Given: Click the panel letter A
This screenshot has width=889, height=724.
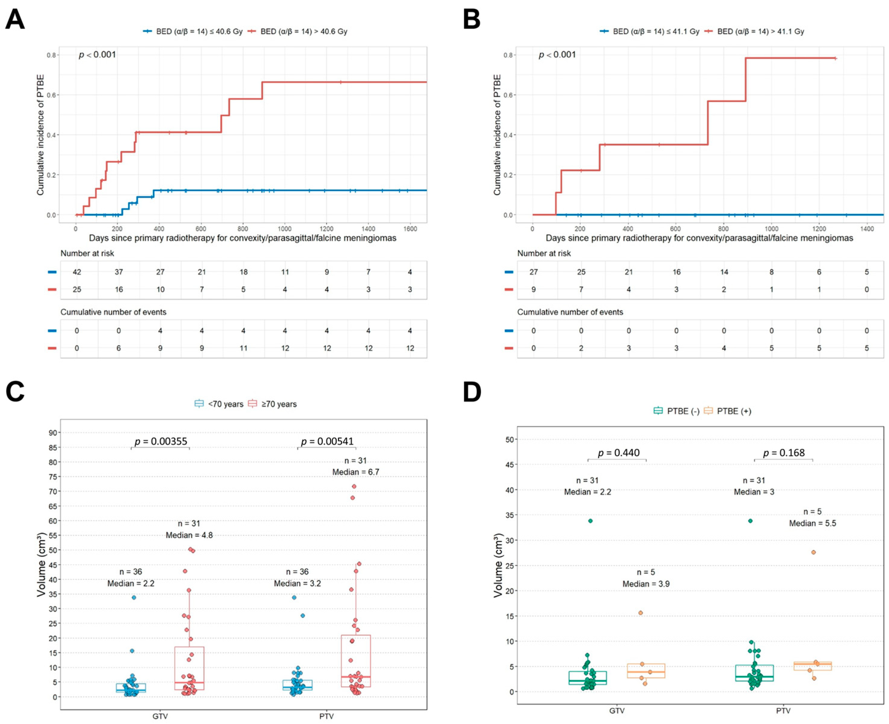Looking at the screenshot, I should [x=15, y=19].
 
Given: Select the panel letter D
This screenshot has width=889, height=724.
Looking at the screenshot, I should [x=472, y=392].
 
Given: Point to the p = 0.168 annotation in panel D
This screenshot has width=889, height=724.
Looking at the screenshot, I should [x=784, y=453].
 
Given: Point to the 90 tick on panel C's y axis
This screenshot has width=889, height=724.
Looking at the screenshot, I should [x=53, y=432].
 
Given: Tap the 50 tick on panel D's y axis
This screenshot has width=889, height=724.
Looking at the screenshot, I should [x=509, y=439].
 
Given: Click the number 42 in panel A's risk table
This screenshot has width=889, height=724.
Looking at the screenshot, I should [x=77, y=272].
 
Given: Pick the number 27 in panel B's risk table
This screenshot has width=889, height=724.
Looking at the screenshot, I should [x=534, y=272].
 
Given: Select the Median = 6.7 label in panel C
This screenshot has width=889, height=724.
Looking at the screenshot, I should [x=355, y=472].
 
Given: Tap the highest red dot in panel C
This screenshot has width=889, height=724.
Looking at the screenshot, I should [x=354, y=486].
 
